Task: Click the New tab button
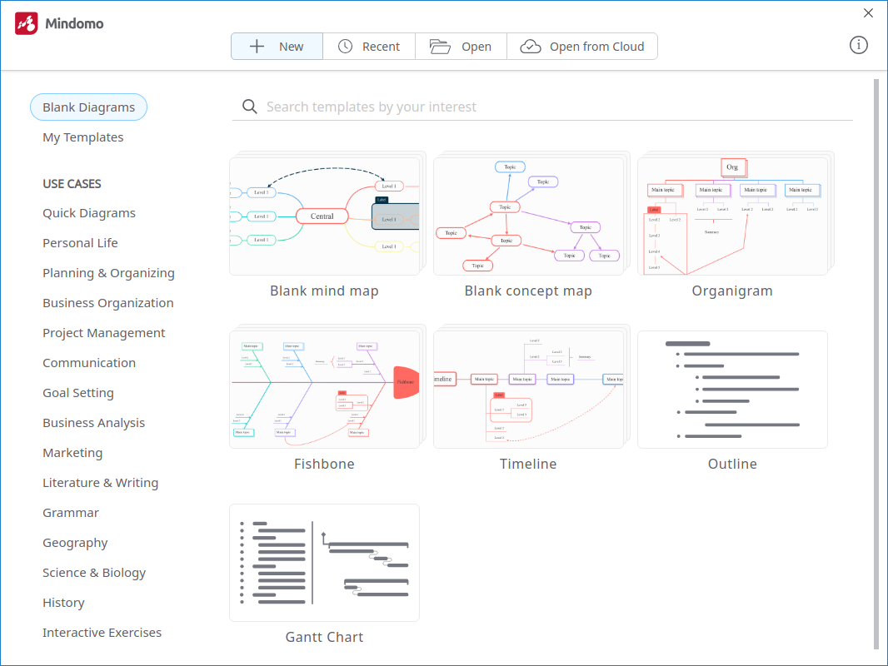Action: coord(277,47)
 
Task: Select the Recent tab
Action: coord(369,47)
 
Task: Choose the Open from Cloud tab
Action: coord(582,47)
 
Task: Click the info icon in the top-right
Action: coord(859,45)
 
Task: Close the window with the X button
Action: coord(869,13)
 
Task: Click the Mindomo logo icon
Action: coord(27,23)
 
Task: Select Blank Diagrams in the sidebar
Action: coord(88,107)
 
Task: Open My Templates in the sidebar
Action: coord(83,137)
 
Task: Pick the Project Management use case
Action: coord(104,333)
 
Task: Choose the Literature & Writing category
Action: coord(101,483)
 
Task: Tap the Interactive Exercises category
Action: coord(102,633)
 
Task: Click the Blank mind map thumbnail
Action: coord(324,215)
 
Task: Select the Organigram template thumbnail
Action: coord(732,215)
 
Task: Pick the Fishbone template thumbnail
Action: coord(324,388)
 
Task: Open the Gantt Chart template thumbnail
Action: coord(324,563)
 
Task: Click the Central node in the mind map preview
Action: coord(322,216)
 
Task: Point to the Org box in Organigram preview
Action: coord(732,167)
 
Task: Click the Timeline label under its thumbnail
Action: coord(528,464)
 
